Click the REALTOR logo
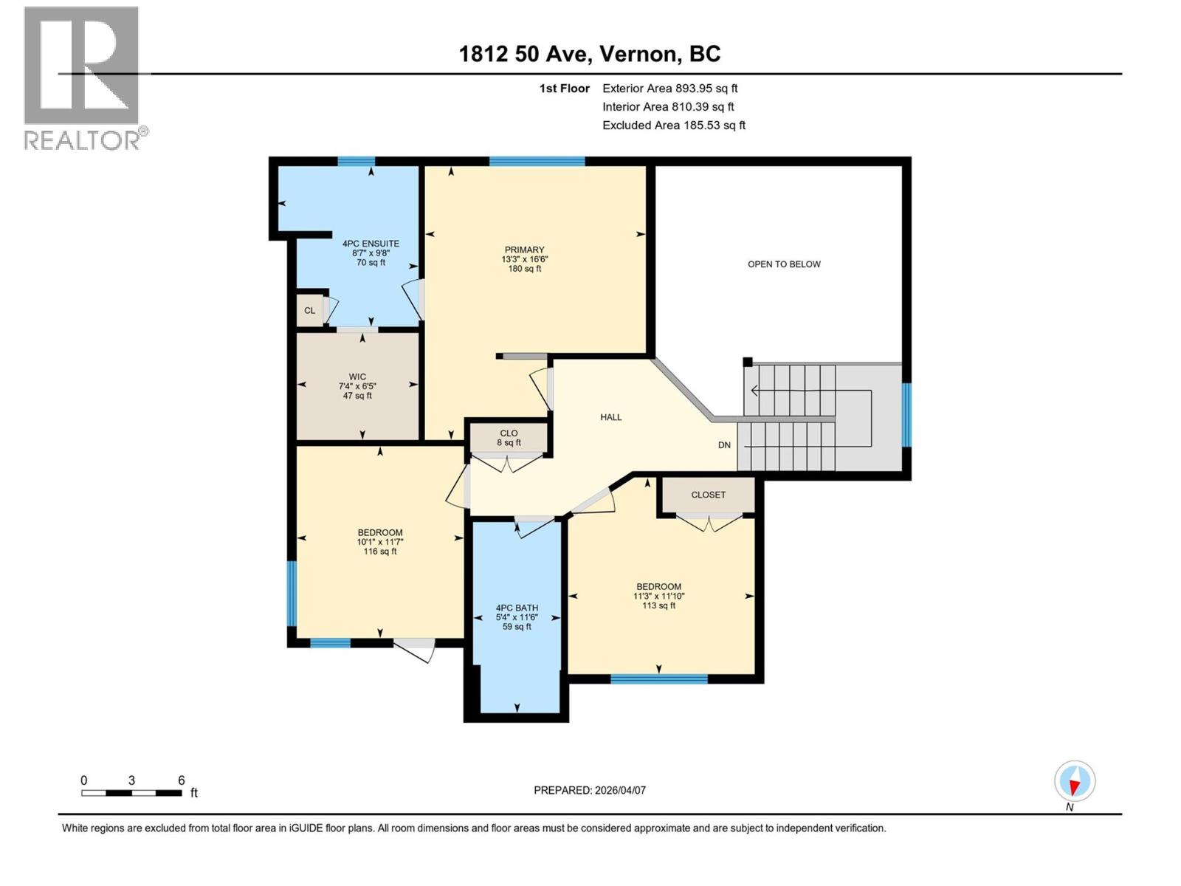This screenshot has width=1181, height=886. (x=81, y=78)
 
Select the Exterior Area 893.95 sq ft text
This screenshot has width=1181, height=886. (x=669, y=89)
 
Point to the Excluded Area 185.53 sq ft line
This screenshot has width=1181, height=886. (x=673, y=126)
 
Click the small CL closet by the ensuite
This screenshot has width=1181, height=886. (x=309, y=311)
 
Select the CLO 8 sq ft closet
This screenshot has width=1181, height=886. (x=509, y=438)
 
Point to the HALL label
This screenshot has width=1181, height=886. (x=610, y=417)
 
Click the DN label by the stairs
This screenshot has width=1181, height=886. (x=724, y=445)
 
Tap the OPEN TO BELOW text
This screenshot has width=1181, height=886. (x=784, y=264)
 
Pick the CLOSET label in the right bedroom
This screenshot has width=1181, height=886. (x=708, y=495)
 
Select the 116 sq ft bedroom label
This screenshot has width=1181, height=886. (x=380, y=541)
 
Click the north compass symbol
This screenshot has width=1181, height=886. (x=1074, y=781)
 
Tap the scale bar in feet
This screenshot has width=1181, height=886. (x=131, y=793)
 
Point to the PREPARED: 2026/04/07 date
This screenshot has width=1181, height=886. (x=589, y=790)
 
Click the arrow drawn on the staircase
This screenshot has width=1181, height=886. (x=755, y=391)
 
